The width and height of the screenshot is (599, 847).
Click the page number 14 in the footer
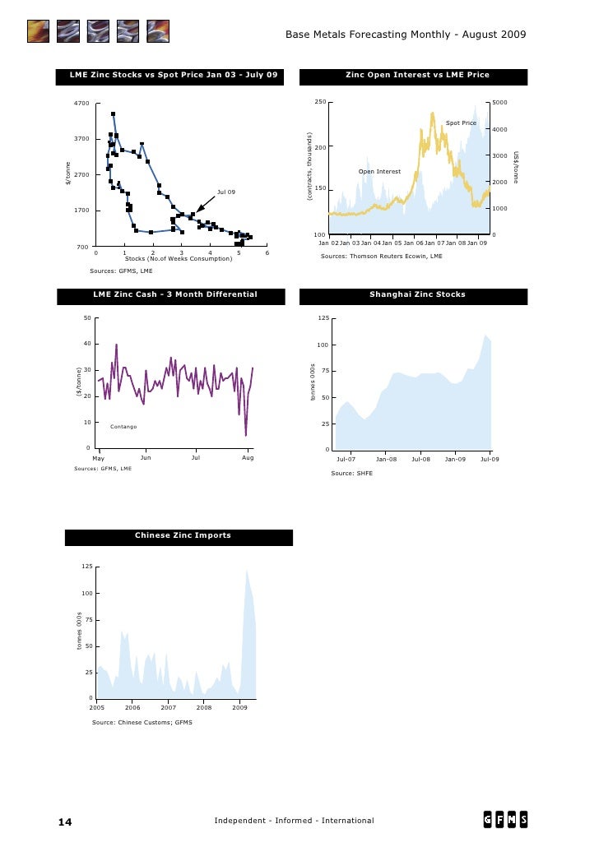[65, 822]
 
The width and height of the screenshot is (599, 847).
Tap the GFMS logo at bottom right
[505, 820]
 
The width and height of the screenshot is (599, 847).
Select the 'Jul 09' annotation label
[226, 192]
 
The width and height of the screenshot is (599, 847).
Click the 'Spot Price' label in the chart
[461, 123]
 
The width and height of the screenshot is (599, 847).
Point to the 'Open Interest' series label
[379, 172]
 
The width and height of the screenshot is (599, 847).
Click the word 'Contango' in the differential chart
[123, 427]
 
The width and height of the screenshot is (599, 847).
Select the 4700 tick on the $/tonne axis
[81, 103]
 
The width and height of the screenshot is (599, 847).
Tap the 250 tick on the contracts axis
[320, 102]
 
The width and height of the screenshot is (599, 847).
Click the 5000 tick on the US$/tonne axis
[500, 103]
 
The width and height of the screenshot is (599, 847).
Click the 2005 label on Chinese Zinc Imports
[97, 707]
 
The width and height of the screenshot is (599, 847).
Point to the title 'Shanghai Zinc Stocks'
[417, 294]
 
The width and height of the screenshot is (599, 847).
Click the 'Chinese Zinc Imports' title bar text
[183, 535]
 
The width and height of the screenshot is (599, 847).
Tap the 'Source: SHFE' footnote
[351, 474]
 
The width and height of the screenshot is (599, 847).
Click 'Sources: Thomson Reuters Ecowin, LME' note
[381, 257]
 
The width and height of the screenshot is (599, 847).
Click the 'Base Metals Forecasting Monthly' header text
[370, 35]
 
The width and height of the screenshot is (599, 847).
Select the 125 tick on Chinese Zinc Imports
[86, 567]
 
